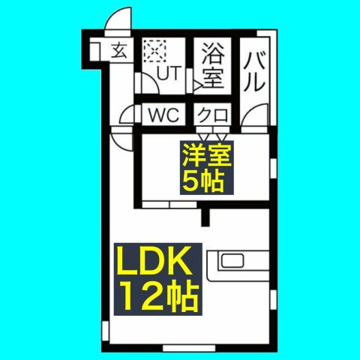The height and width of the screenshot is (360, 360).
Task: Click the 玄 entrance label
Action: click(x=119, y=50)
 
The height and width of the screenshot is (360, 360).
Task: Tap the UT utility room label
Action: click(x=169, y=73)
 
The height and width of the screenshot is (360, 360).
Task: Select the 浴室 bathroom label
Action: click(x=212, y=64)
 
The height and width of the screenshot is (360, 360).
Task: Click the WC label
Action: click(x=163, y=115)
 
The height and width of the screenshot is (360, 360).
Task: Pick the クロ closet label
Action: click(x=213, y=115)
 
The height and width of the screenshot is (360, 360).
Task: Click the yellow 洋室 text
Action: click(x=207, y=155)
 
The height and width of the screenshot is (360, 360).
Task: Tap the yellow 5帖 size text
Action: click(x=203, y=181)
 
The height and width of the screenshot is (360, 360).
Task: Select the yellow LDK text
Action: click(x=154, y=260)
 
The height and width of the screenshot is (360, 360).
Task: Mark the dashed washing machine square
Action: click(x=155, y=51)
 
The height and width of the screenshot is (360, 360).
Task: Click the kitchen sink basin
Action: click(x=232, y=261)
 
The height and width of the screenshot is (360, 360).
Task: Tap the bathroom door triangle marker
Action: click(x=197, y=85)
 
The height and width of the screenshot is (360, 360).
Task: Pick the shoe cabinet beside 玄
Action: click(x=95, y=51)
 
